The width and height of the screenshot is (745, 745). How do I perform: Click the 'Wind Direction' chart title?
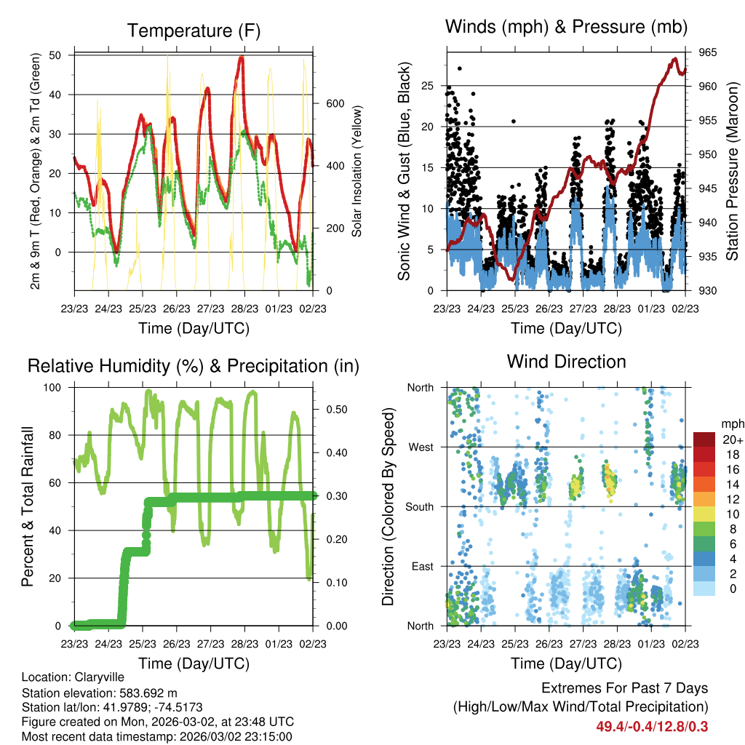point(566,361)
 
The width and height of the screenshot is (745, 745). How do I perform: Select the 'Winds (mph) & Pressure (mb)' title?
point(566,28)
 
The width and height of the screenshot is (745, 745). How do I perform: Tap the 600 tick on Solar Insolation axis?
point(335,103)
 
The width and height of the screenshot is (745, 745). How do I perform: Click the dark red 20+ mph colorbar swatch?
point(704,439)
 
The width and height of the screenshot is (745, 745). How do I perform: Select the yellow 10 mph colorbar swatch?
point(704,513)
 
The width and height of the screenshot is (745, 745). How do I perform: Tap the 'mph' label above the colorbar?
point(732,423)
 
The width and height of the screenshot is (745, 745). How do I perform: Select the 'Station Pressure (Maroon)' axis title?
point(732,171)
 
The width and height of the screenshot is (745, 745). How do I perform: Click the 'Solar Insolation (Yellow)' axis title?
point(357,172)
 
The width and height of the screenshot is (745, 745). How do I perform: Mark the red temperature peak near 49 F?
point(241,58)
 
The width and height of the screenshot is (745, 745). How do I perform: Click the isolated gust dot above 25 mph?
point(459,68)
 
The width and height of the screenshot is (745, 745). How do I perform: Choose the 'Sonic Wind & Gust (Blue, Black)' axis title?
point(405,172)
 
